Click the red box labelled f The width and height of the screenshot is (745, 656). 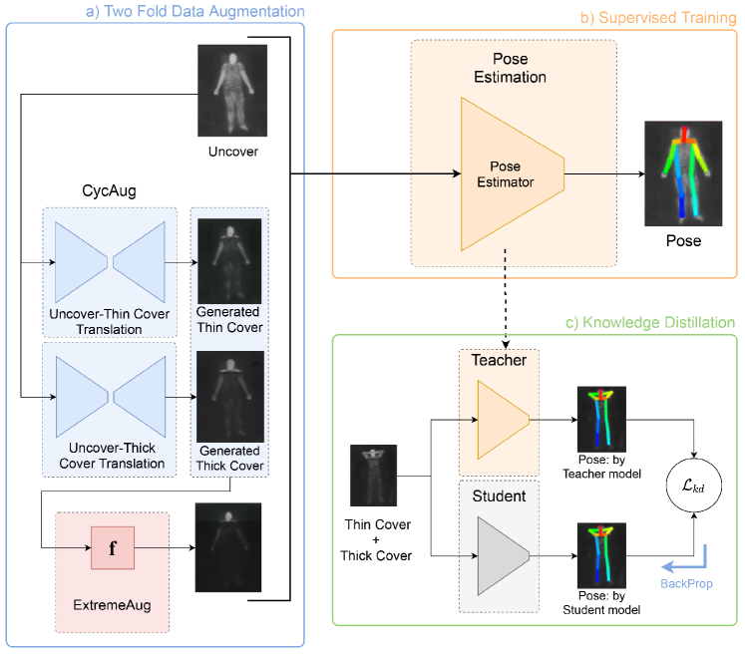(112, 547)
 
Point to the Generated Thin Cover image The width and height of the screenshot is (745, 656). (228, 261)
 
